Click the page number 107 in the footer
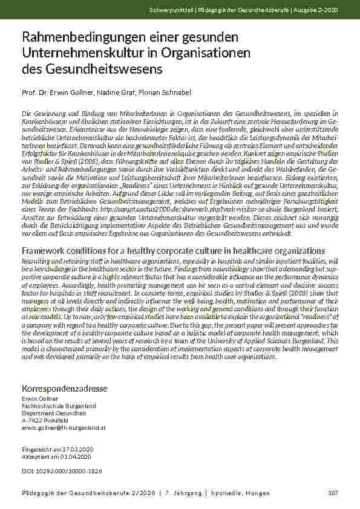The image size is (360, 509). tap(332, 493)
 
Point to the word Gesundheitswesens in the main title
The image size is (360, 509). tap(101, 69)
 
